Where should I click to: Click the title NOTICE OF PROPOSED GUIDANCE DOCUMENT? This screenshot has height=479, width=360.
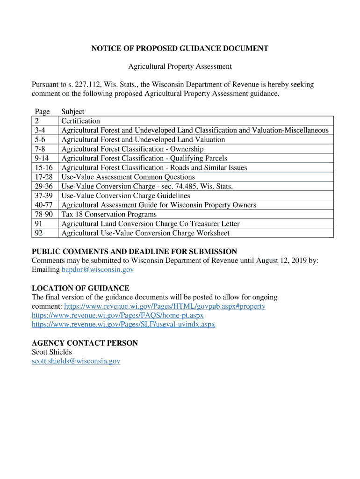click(180, 48)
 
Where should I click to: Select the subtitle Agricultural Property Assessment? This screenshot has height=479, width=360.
click(180, 66)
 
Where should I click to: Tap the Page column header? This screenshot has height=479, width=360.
click(42, 111)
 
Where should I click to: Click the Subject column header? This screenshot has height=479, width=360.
click(73, 111)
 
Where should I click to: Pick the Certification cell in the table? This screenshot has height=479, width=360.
click(81, 121)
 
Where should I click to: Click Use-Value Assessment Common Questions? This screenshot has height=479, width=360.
click(128, 177)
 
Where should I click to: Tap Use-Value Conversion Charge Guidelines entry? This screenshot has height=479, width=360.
click(126, 196)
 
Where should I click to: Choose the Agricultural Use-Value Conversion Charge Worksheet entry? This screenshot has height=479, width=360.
click(145, 233)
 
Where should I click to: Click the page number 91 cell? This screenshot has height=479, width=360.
click(39, 224)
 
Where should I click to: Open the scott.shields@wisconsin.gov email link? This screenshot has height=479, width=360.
click(76, 361)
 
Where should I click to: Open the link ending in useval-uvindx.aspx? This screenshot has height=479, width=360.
click(123, 324)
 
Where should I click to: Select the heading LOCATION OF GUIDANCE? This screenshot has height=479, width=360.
click(80, 288)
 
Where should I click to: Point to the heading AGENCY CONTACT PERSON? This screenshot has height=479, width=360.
click(85, 343)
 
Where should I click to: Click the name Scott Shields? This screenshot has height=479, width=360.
click(51, 352)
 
